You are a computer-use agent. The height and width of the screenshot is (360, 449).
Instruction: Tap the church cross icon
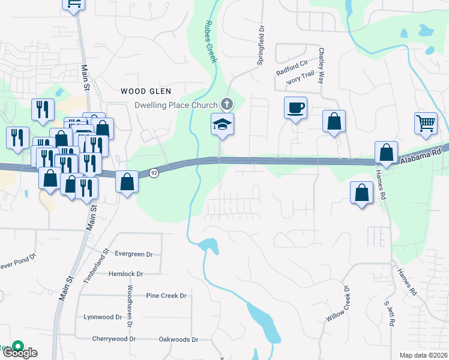(x=226, y=104)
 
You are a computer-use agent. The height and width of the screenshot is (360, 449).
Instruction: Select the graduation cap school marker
(x=221, y=124)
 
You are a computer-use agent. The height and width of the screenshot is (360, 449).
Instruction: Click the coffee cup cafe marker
(x=295, y=109)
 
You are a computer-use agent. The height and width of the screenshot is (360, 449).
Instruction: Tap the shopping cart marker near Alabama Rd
(x=426, y=123)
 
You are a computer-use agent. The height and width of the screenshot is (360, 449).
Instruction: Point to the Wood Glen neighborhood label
(x=146, y=91)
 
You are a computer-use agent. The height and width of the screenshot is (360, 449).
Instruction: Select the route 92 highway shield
(x=154, y=173)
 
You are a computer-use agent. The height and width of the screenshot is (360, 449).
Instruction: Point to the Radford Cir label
(x=292, y=67)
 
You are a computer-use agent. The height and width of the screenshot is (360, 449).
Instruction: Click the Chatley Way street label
(x=322, y=65)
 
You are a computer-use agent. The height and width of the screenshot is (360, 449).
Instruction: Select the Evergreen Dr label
(x=129, y=254)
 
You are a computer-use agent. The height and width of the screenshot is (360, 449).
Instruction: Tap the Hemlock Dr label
(x=126, y=274)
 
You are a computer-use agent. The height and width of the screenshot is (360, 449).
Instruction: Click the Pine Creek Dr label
(x=166, y=296)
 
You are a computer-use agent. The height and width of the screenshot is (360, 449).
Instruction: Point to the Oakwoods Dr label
(x=178, y=340)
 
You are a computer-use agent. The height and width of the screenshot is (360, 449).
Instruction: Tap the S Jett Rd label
(x=389, y=313)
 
